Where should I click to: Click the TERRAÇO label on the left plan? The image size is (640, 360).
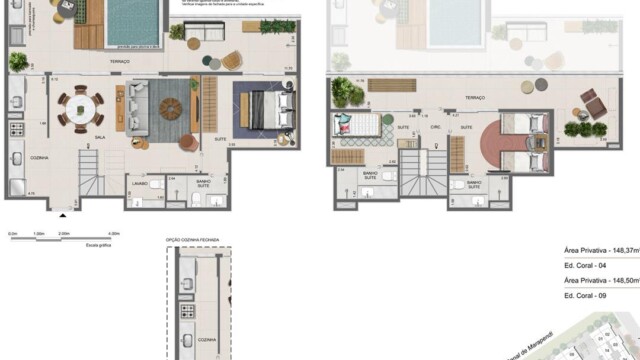149,63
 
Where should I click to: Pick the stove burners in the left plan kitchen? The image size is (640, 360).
17,130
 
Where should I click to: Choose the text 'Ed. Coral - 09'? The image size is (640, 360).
586,297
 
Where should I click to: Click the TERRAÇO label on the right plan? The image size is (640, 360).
474,97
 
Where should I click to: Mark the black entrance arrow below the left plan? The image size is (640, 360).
64,213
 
